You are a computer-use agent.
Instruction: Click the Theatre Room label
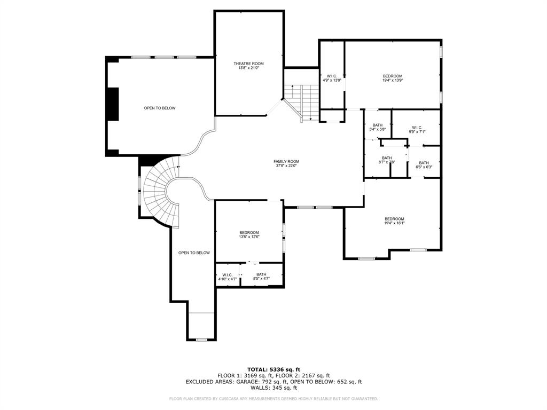click(248, 64)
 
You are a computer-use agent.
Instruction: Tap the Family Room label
click(286, 161)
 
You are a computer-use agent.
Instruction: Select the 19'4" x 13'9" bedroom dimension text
click(392, 81)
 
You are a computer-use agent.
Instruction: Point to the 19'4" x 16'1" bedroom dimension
click(394, 223)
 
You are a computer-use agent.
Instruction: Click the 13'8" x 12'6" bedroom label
click(249, 235)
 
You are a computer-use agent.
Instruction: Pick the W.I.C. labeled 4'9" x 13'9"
click(332, 78)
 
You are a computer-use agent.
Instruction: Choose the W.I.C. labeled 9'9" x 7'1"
click(417, 129)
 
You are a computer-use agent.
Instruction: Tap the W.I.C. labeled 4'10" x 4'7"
click(228, 277)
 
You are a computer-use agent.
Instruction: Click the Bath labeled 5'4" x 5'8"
click(378, 127)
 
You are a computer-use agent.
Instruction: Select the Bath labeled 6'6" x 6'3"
click(424, 165)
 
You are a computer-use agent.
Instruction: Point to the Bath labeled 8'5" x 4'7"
click(261, 277)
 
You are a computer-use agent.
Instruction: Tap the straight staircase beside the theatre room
click(301, 102)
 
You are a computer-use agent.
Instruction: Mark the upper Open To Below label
click(160, 108)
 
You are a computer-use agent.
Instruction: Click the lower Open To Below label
click(194, 253)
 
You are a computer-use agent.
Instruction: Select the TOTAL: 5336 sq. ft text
click(273, 369)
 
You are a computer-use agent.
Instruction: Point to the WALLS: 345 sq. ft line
click(273, 388)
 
